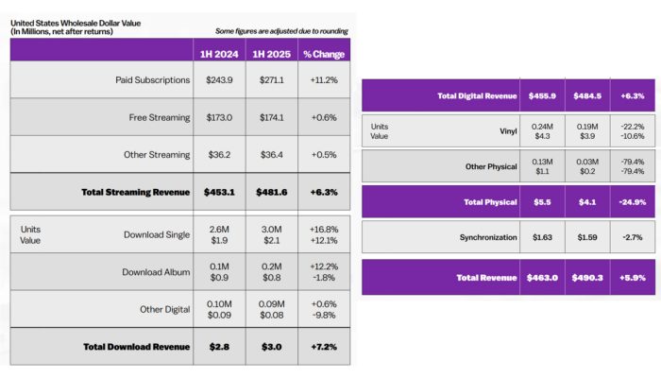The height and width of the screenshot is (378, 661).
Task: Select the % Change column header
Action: coord(323,53)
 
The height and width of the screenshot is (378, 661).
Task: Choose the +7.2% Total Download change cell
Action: coord(323,347)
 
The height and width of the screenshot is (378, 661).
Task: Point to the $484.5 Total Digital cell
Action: coord(586,95)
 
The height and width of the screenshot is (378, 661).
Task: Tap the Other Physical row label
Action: coord(492,166)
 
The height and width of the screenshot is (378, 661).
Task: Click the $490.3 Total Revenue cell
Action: coord(586,277)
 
